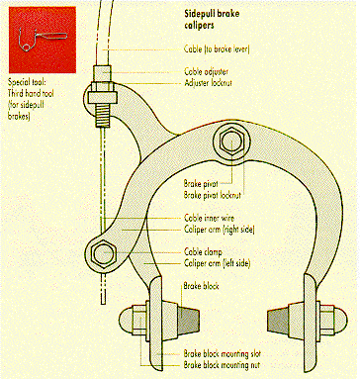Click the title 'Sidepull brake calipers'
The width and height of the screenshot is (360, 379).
point(212,20)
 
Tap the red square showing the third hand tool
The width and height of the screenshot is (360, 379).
point(43,40)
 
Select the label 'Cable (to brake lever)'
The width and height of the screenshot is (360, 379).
point(217,49)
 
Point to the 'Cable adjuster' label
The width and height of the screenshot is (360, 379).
point(206,71)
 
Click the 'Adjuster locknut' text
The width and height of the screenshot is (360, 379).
point(208,82)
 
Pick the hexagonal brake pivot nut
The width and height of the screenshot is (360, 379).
point(231,142)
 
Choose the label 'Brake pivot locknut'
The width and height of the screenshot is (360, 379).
point(213,195)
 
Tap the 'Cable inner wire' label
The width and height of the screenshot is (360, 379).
point(209,218)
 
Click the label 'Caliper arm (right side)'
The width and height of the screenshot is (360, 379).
point(220,230)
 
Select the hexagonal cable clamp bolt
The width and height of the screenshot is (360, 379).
point(104,253)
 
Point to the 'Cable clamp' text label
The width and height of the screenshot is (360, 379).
point(203,252)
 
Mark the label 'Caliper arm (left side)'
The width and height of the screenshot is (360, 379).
point(217,263)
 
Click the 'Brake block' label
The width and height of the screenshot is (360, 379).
point(201,286)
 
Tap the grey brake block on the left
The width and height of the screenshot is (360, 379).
point(189,317)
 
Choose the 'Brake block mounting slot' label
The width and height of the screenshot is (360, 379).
point(222,354)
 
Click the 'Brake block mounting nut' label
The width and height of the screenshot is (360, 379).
point(222,365)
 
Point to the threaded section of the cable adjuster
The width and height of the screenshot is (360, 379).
point(103,115)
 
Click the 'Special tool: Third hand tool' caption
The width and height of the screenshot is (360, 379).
point(31,99)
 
